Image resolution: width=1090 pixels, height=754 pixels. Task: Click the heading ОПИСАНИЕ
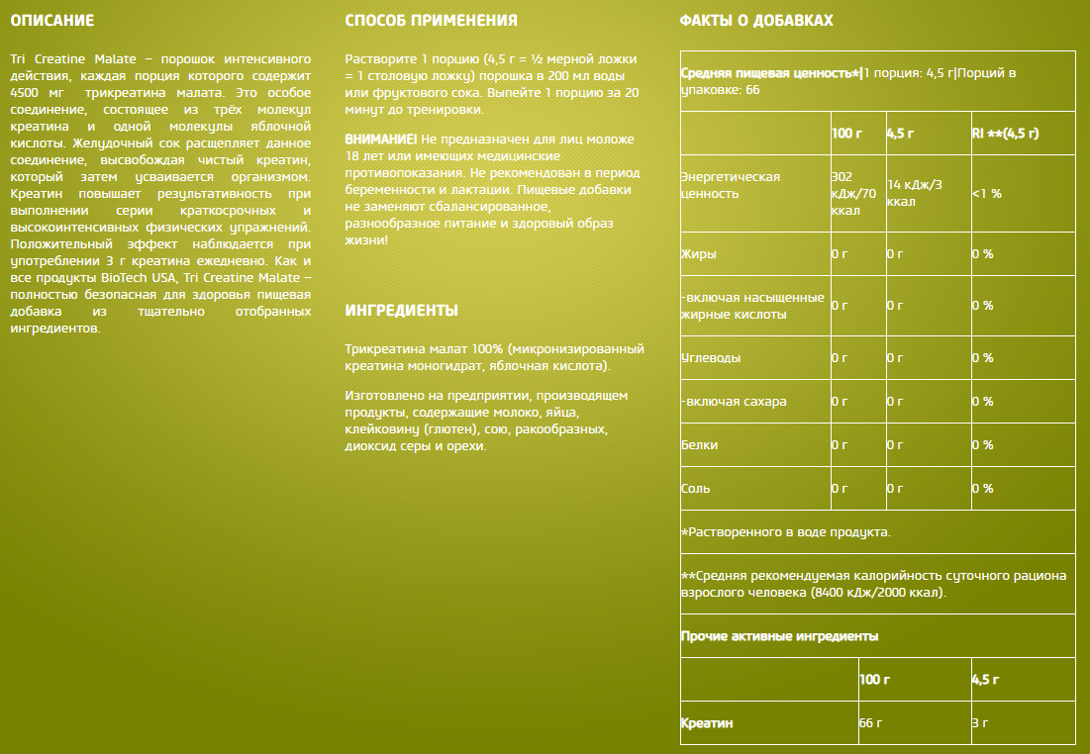point(51,21)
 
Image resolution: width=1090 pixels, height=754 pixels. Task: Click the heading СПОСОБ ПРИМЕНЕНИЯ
point(431,21)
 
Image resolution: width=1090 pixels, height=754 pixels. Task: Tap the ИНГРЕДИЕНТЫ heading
point(401,311)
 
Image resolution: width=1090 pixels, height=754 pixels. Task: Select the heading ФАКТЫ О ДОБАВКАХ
point(756,21)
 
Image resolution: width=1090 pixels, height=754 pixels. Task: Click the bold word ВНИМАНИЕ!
point(381,139)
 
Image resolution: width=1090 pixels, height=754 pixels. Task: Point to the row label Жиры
point(699,254)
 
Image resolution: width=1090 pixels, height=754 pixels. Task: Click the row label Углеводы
point(711,357)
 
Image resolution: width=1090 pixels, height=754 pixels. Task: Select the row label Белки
point(700,445)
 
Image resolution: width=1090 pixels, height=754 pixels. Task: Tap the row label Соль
point(696,489)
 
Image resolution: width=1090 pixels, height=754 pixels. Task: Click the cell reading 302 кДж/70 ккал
point(853,193)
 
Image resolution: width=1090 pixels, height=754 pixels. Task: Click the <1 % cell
point(986,194)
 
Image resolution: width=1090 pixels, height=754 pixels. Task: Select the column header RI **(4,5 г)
point(1005,133)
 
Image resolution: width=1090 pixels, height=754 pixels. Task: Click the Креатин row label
point(707,723)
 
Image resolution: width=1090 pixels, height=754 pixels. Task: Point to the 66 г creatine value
point(870,723)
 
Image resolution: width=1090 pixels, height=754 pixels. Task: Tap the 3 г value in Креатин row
point(980,723)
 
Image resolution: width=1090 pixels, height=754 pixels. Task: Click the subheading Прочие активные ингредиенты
point(779,636)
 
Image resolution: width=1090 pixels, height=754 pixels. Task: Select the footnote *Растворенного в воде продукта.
point(786,532)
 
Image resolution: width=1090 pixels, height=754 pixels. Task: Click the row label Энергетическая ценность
point(731,185)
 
